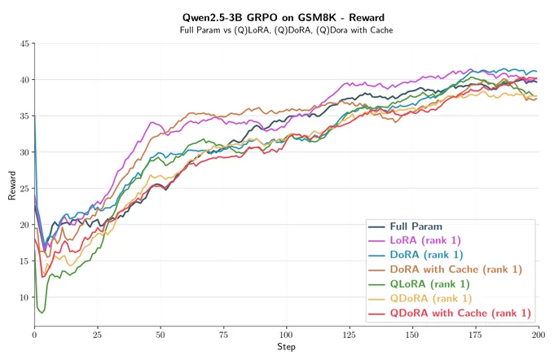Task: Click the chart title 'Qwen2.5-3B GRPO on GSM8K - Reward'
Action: click(x=284, y=17)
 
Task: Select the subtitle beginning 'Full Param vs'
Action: click(x=286, y=30)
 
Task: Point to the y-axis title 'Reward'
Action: click(x=12, y=186)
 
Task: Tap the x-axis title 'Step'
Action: click(x=286, y=347)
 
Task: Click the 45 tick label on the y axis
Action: click(x=24, y=44)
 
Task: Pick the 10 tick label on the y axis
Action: click(x=24, y=297)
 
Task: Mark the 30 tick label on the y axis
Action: click(x=24, y=152)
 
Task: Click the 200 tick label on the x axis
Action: click(x=539, y=335)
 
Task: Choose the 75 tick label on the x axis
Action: click(x=223, y=335)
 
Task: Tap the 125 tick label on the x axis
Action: click(x=350, y=335)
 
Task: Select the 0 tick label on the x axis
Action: click(x=34, y=335)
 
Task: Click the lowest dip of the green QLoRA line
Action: click(x=42, y=313)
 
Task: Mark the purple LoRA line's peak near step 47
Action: click(x=152, y=122)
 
